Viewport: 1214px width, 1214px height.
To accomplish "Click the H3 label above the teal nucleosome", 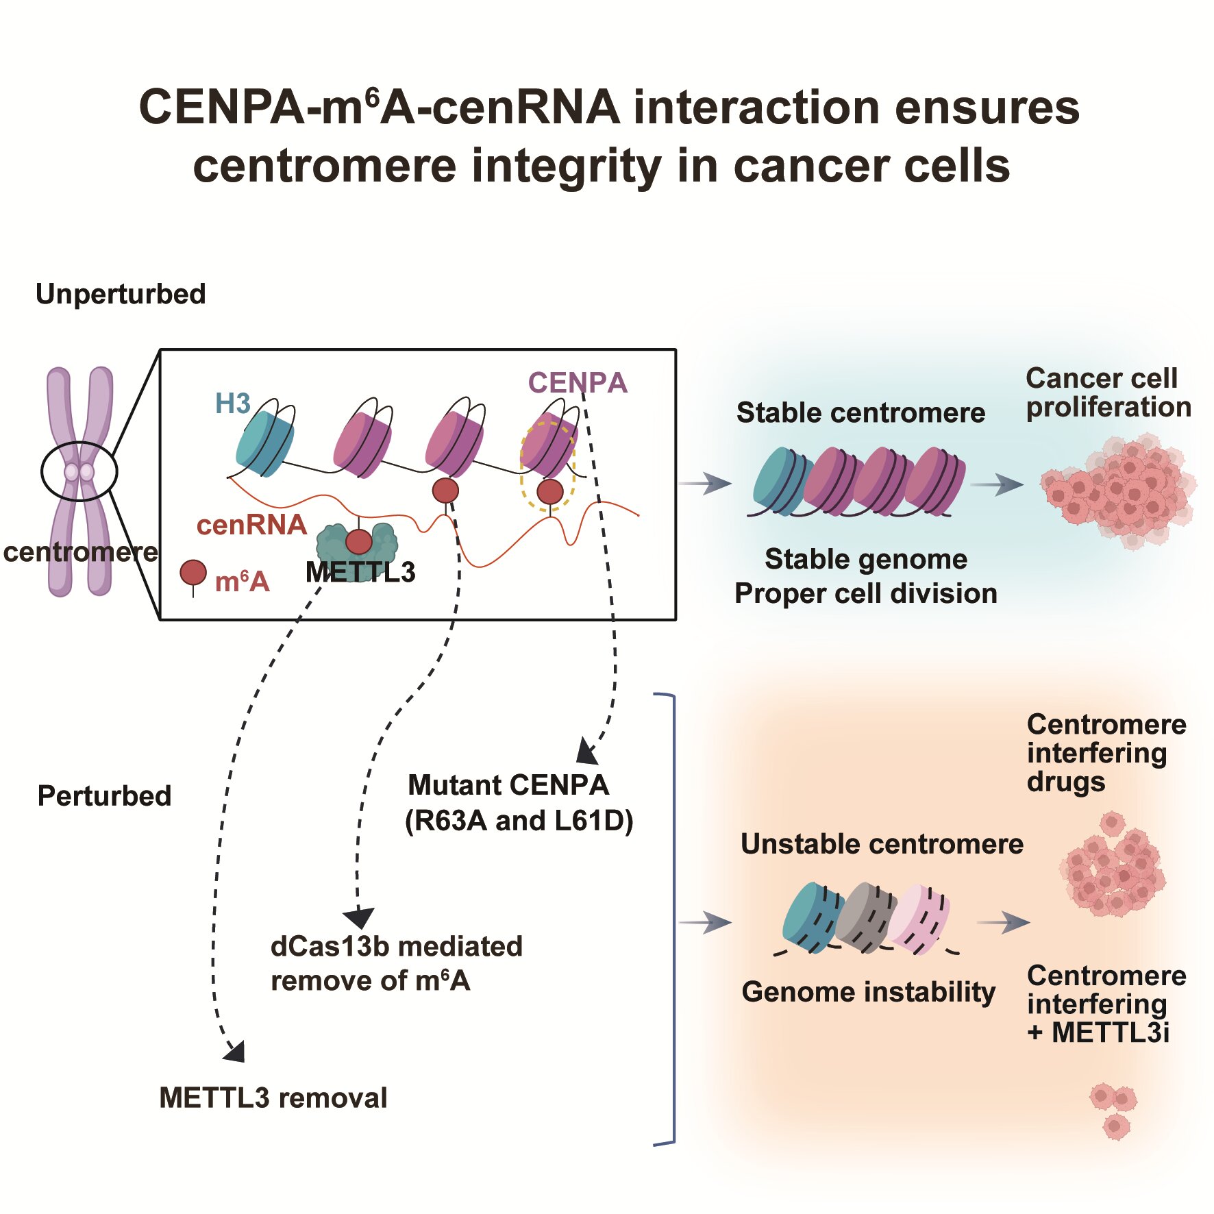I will tap(233, 404).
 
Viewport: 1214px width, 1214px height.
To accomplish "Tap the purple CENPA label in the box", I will tap(577, 382).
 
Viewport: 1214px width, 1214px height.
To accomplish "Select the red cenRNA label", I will tap(251, 525).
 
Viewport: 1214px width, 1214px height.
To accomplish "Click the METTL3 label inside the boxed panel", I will tap(360, 572).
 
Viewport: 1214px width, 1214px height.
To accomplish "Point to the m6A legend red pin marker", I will tap(193, 573).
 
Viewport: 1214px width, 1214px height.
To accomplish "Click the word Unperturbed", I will tap(121, 294).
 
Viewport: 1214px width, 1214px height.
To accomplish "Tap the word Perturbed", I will tap(104, 796).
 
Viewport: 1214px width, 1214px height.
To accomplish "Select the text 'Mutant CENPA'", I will tap(508, 785).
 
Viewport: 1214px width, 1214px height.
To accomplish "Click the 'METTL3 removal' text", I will tap(273, 1098).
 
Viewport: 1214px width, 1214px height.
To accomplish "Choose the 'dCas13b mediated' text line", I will tap(397, 946).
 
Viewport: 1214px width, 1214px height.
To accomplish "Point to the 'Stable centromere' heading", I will tap(860, 412).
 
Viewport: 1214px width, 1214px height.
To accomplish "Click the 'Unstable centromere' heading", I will tap(882, 844).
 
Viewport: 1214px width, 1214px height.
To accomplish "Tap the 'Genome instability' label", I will tap(868, 991).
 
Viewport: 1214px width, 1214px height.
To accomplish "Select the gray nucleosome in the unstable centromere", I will tap(865, 917).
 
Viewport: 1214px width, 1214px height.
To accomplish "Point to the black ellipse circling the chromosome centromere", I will tap(79, 471).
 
